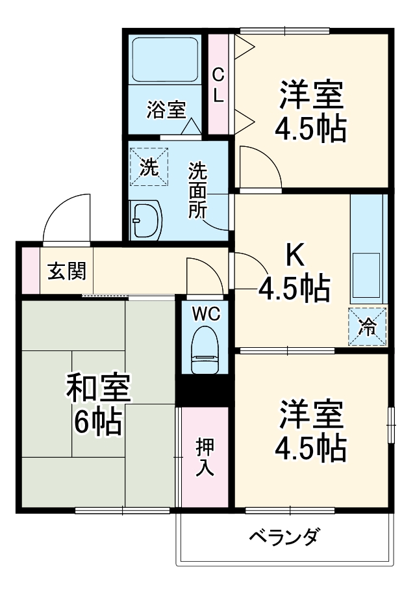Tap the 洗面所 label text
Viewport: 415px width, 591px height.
tap(197, 190)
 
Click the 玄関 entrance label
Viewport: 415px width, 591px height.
tap(66, 270)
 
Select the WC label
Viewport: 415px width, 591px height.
tap(206, 314)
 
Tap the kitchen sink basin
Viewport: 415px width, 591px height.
tap(367, 274)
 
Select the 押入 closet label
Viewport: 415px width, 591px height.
tap(205, 457)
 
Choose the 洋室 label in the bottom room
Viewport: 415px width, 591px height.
tap(311, 414)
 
